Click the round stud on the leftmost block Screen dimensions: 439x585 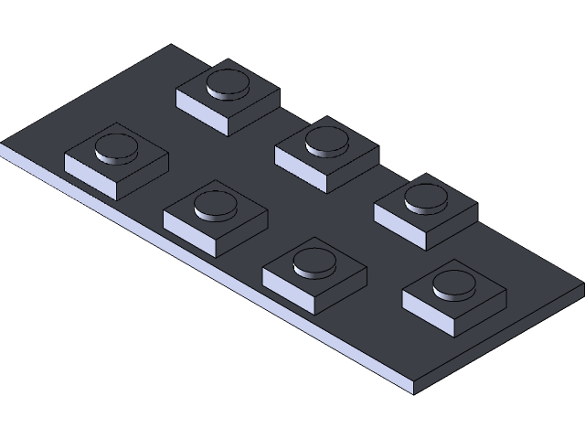pos(116,145)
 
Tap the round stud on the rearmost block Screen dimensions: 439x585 pos(228,83)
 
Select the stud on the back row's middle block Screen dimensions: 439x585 pos(326,140)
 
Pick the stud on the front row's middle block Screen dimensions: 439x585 pos(216,203)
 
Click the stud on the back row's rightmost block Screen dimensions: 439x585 pos(426,196)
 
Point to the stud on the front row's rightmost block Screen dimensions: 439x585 pos(314,261)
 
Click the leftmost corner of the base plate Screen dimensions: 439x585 pos(3,146)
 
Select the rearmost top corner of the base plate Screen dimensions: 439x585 pos(171,46)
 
